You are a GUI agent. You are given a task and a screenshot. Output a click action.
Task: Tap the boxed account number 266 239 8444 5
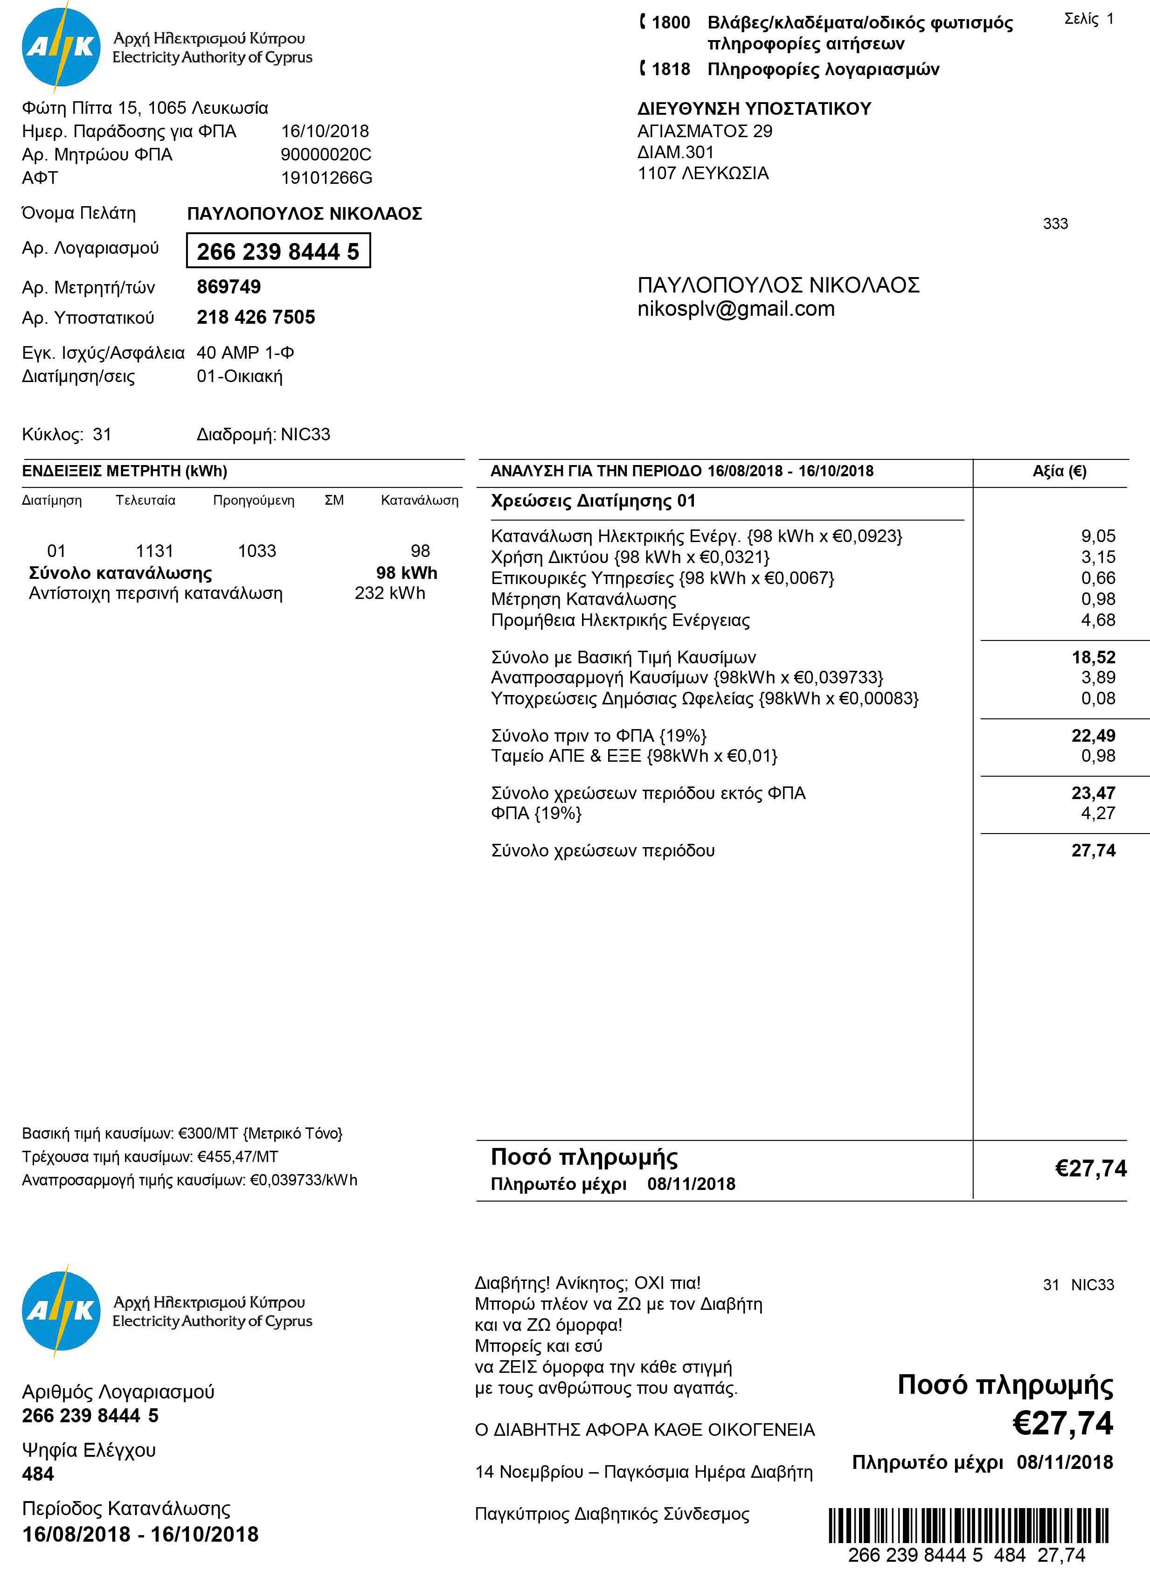pos(278,250)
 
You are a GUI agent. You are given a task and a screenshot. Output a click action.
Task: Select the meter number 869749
pos(229,287)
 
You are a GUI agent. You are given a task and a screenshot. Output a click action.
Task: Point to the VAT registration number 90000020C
pos(326,154)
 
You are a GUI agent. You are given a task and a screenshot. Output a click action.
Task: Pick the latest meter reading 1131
pos(154,551)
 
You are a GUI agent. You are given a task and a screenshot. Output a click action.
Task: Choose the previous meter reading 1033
pos(257,551)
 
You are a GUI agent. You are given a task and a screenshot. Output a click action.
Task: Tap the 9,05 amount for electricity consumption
pos(1098,536)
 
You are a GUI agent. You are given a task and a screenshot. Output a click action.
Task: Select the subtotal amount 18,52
pos(1093,657)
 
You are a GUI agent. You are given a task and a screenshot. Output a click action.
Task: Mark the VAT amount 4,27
pos(1098,813)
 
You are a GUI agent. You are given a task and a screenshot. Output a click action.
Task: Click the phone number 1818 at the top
pos(671,69)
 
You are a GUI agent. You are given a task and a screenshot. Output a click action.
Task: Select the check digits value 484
pos(38,1474)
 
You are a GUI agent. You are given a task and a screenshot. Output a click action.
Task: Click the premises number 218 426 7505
pos(256,318)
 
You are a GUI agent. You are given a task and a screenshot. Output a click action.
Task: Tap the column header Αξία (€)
pos(1059,471)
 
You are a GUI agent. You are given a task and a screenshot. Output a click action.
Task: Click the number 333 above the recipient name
pos(1055,223)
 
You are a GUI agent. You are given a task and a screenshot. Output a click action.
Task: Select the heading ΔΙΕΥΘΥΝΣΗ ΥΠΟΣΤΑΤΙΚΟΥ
pos(754,109)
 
